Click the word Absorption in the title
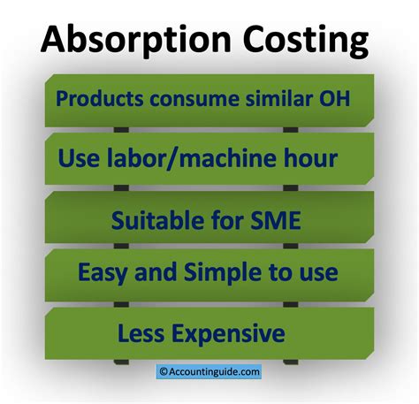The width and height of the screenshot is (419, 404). click(x=121, y=40)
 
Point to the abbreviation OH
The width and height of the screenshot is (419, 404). click(x=333, y=98)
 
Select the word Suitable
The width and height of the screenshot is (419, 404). click(x=157, y=218)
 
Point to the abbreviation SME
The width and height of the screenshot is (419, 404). click(x=274, y=218)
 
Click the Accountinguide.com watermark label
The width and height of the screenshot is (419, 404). click(x=213, y=373)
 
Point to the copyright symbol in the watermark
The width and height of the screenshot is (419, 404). click(x=163, y=373)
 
